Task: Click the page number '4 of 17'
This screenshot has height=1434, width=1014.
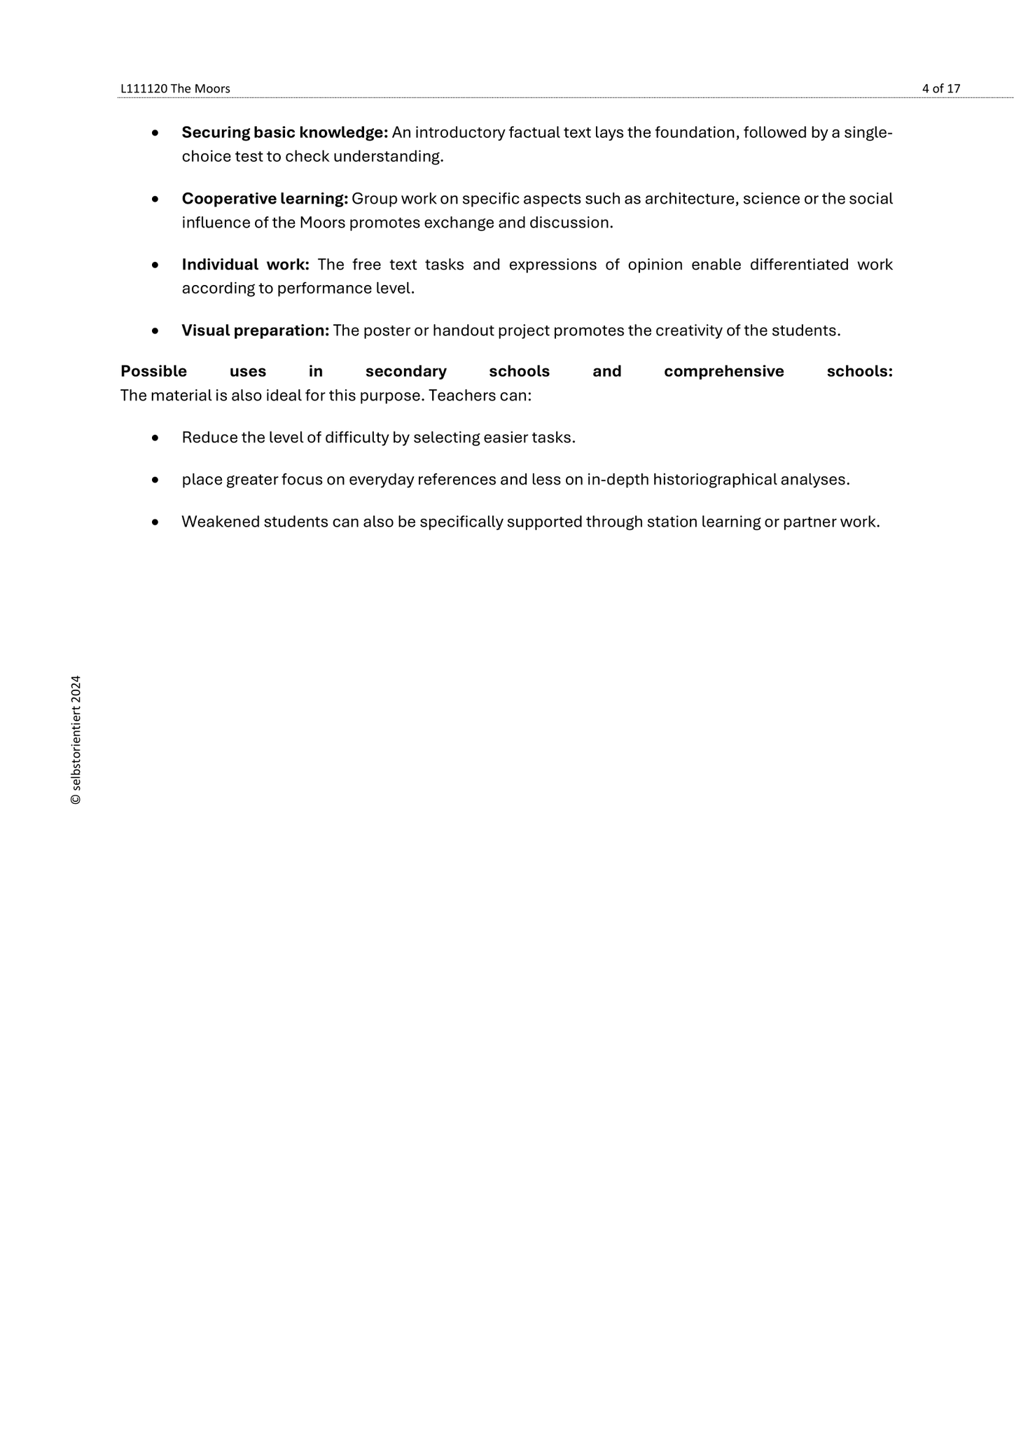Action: point(940,89)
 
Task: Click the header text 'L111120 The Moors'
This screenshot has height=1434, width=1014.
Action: point(175,89)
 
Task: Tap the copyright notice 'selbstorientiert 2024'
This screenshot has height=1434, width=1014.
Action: point(76,739)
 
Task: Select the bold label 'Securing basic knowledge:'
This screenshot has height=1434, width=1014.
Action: point(284,132)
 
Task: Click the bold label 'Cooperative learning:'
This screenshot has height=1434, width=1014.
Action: point(265,199)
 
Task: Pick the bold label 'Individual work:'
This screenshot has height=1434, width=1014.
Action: point(245,265)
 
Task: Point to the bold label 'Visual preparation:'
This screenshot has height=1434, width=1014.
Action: point(255,330)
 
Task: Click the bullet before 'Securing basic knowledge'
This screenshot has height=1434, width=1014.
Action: point(155,133)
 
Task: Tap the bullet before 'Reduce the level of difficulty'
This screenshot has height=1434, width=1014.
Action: point(155,438)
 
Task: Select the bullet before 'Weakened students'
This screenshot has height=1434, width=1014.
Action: point(155,522)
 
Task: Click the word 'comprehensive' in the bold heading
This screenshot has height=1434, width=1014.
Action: point(723,371)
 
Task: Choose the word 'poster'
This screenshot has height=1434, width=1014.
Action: point(387,330)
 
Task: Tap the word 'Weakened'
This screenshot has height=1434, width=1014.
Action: point(220,522)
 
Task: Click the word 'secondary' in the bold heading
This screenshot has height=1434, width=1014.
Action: point(406,371)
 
